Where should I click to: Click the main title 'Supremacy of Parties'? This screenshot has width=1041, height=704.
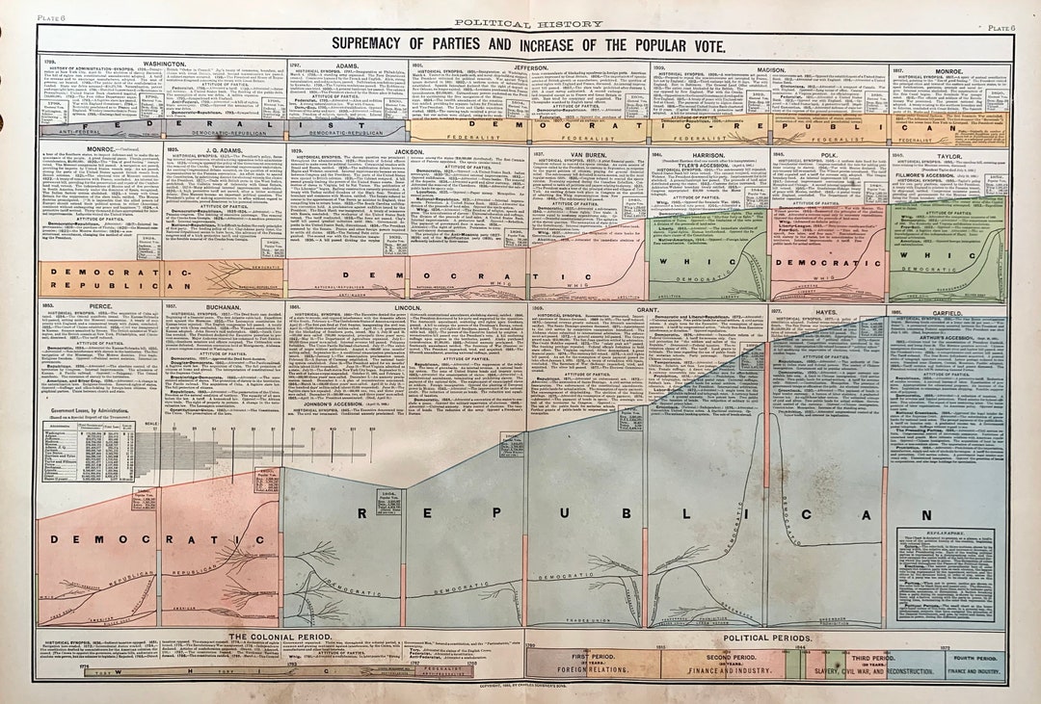point(528,44)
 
